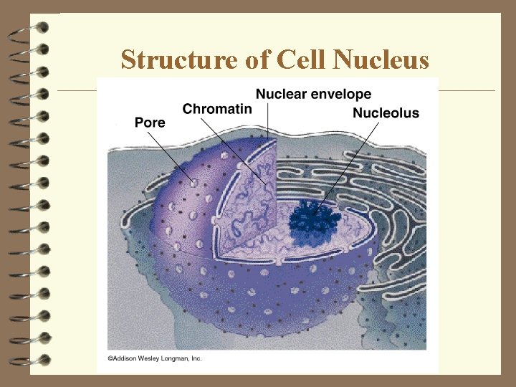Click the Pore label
[x=150, y=123]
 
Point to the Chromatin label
[x=217, y=109]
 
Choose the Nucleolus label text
[x=386, y=113]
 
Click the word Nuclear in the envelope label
[x=282, y=94]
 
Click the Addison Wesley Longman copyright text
[x=155, y=358]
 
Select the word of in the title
[x=255, y=59]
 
